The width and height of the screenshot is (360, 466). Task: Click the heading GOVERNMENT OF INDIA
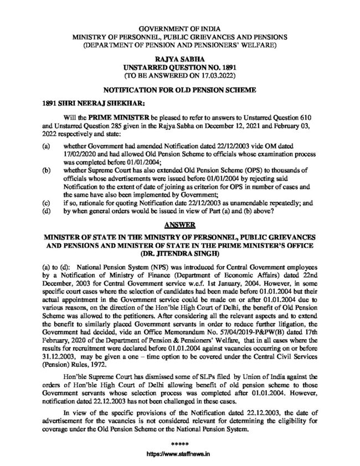(x=179, y=27)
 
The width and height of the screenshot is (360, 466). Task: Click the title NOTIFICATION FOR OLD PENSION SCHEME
(x=179, y=88)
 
